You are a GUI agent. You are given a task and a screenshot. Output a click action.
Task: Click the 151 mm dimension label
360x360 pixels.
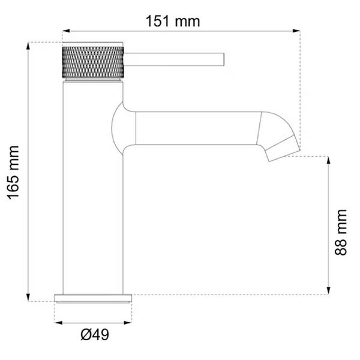pos(173,22)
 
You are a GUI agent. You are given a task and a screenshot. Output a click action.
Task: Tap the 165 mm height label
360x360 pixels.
pos(13,173)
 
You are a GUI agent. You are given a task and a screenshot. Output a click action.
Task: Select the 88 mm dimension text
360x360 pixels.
pos(340,232)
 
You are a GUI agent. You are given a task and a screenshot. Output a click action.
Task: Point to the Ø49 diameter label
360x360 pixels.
pos(95,335)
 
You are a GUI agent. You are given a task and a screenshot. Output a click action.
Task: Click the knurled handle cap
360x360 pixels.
pos(93,62)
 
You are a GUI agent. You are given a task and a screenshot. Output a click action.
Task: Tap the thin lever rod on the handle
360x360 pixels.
pos(174,59)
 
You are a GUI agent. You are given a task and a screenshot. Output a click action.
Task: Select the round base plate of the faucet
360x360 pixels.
pos(93,298)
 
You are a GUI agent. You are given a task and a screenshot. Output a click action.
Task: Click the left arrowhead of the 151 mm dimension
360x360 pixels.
pos(66,31)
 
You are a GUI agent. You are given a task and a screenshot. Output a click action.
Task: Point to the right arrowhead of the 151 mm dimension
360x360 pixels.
pos(296,31)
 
